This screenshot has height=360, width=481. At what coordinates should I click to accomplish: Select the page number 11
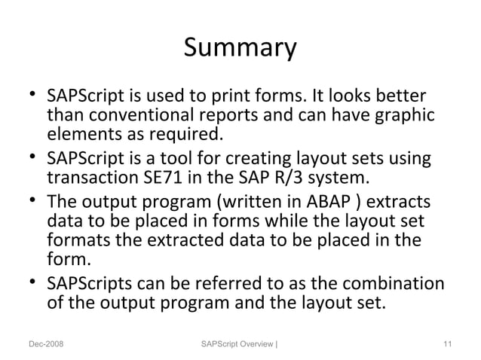(x=447, y=345)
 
